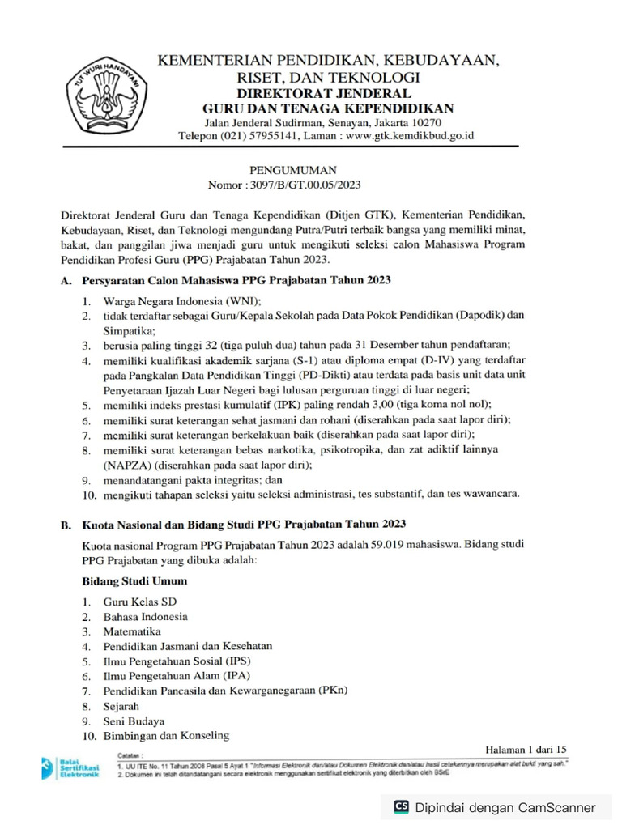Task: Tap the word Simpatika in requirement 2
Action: pos(129,330)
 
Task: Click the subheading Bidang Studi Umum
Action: pos(134,581)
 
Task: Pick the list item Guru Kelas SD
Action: pos(138,602)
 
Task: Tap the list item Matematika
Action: pos(131,631)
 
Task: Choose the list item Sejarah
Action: pos(121,706)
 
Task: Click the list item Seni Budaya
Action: pos(134,721)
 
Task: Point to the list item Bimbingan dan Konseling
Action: pos(166,736)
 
